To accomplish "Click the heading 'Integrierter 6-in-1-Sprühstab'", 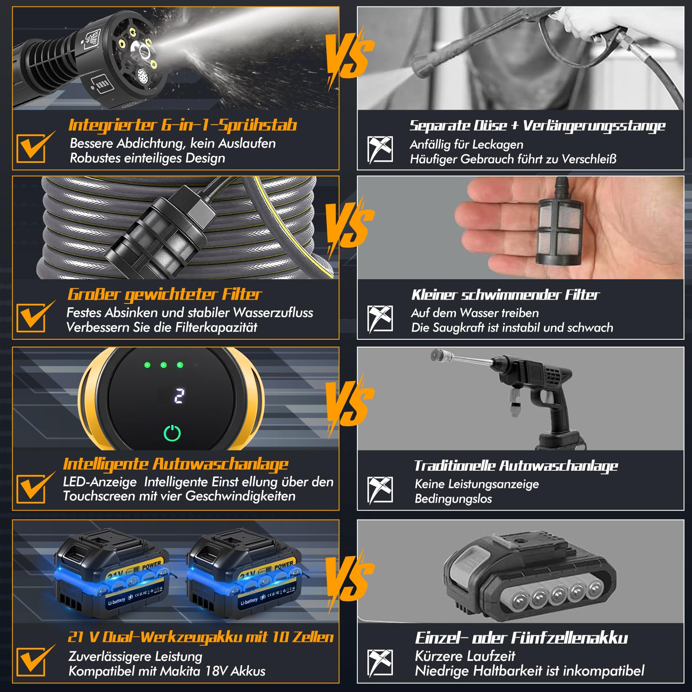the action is [x=182, y=125].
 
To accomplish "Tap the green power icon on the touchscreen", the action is [x=172, y=433].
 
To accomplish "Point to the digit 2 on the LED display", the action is [x=179, y=395].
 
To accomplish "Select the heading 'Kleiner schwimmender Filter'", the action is [x=505, y=295].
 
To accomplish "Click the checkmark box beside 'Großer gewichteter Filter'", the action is [x=31, y=317].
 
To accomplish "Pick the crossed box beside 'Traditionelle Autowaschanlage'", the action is [x=380, y=490].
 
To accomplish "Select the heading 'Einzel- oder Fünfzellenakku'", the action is [x=521, y=638].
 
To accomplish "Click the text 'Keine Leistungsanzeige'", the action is [x=477, y=484].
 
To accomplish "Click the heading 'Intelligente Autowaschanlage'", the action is [x=176, y=464].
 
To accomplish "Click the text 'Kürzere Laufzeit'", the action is [x=465, y=656].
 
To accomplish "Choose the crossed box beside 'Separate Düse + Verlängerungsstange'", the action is [x=380, y=150].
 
